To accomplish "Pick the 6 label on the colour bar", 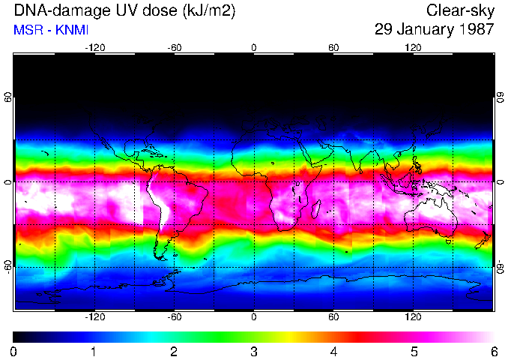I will click(x=493, y=351).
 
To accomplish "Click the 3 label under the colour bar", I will click(x=253, y=351).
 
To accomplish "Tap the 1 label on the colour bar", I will click(x=94, y=351).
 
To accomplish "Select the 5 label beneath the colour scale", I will click(x=414, y=351).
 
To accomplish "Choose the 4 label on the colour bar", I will click(x=333, y=351).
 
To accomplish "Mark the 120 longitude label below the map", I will click(x=413, y=317).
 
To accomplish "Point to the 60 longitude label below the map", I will click(x=333, y=317).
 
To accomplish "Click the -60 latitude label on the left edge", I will click(x=7, y=267).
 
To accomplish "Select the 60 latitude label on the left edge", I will click(x=7, y=98).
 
